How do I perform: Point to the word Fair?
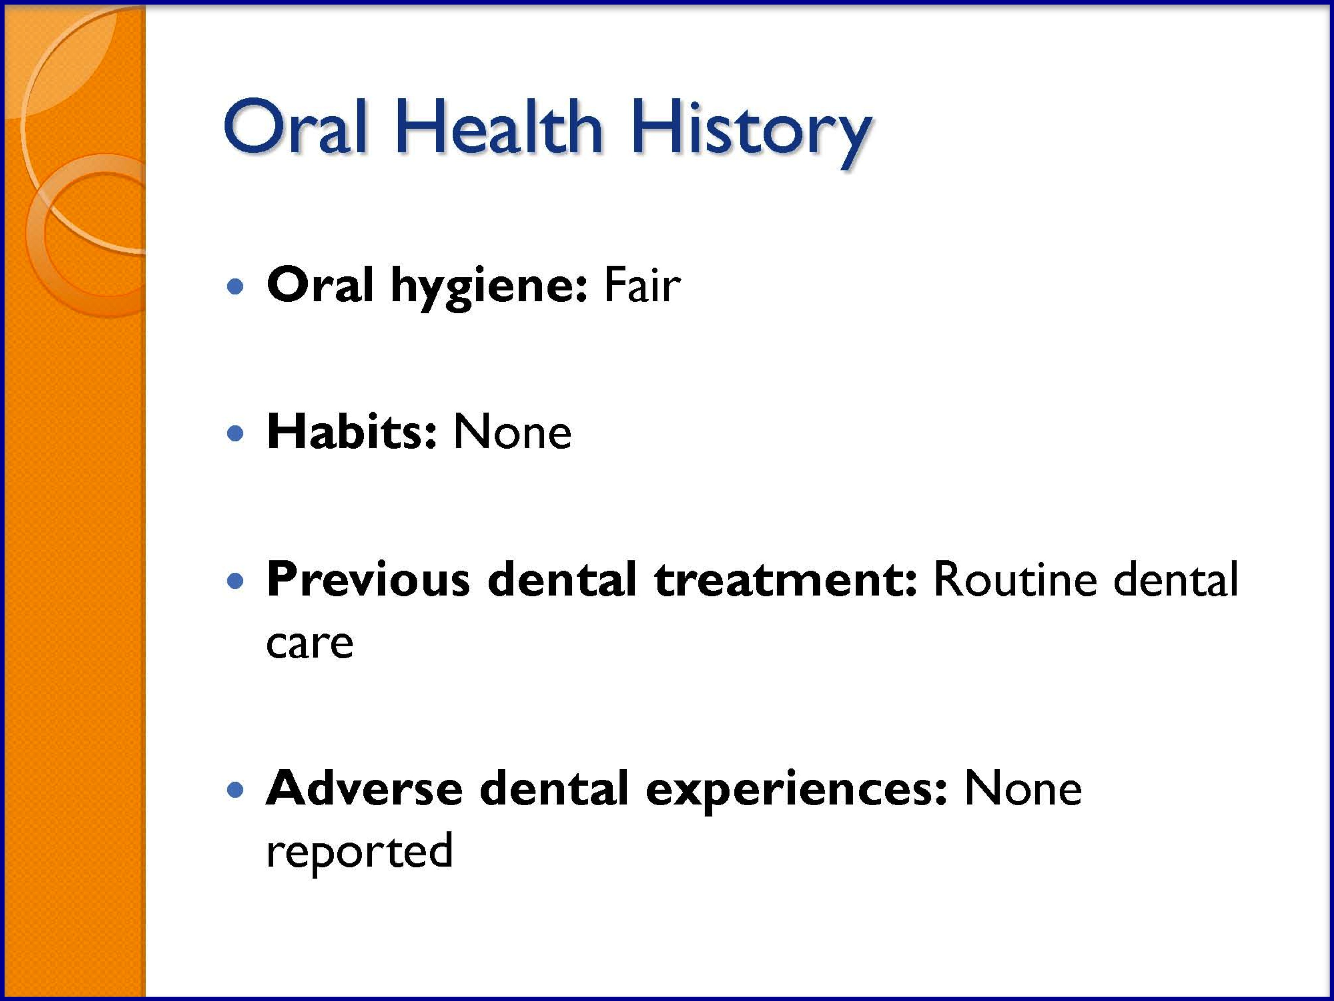pos(642,284)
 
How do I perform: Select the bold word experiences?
pos(796,792)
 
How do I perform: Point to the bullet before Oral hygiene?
pos(235,286)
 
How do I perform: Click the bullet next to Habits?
pos(235,433)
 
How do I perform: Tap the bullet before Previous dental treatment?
pos(235,580)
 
